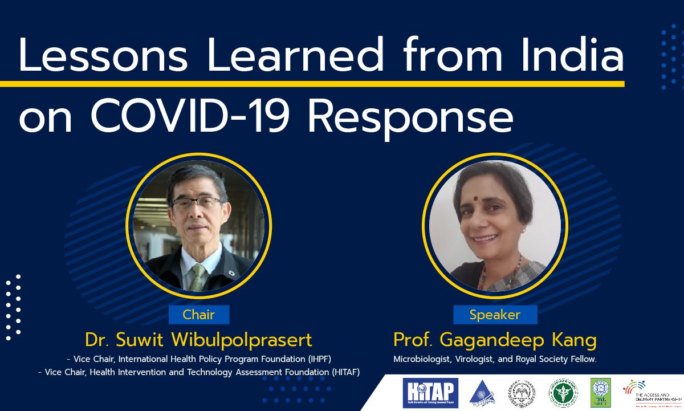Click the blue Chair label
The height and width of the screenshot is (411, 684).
[x=198, y=315]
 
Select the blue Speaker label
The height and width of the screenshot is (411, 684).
[x=495, y=315]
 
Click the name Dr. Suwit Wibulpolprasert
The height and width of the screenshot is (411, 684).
[x=198, y=340]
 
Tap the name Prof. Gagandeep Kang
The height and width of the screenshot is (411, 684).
[x=495, y=340]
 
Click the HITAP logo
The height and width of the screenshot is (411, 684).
[x=430, y=393]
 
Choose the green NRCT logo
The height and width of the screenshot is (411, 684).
[x=600, y=393]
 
